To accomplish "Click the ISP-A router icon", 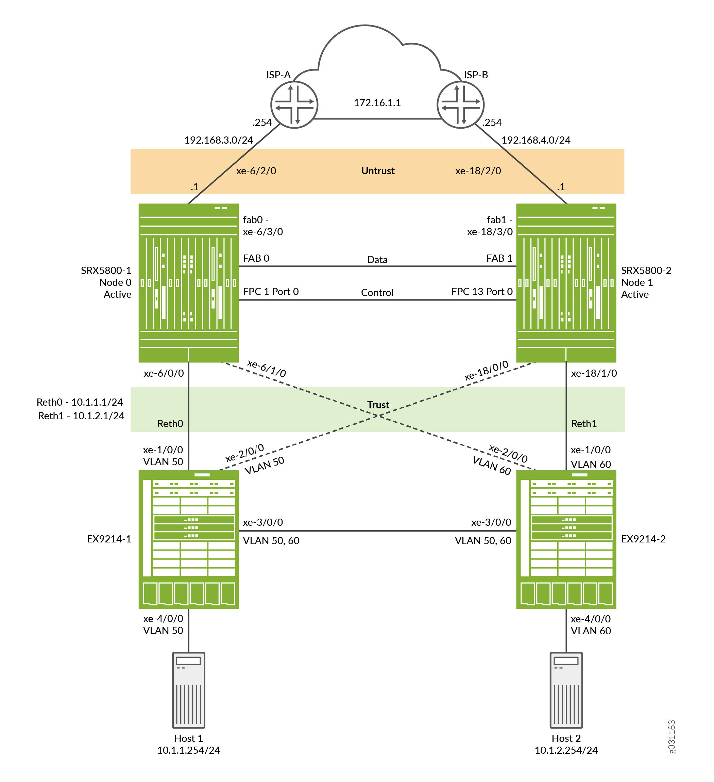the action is pos(294,105).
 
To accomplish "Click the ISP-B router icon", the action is pos(460,105).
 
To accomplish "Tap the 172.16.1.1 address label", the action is pos(377,103).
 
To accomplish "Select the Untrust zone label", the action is pos(378,171).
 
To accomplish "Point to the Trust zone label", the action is pos(378,405).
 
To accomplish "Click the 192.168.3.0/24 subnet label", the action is pos(219,140).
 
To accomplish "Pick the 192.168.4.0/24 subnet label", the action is pos(536,140).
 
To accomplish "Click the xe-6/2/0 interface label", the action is pos(256,171).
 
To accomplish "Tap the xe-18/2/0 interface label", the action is pos(478,171).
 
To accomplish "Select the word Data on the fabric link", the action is pos(377,260).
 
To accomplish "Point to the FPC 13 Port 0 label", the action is pos(482,291).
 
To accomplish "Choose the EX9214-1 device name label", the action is pos(109,539).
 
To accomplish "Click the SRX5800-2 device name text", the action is pos(646,270).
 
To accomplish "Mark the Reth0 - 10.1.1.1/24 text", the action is pos(80,402).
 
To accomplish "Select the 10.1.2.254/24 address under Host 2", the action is pos(566,750).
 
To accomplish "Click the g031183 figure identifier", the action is pos(672,737).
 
